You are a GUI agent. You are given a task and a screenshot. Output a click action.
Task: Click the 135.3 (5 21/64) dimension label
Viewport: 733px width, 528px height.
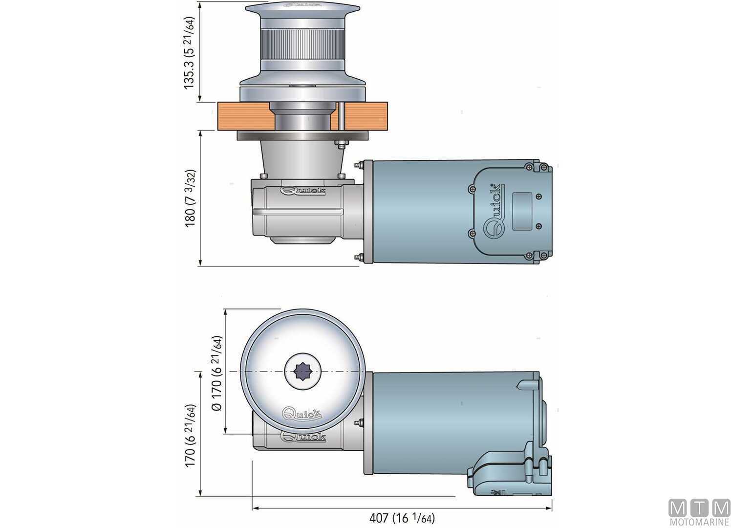(189, 52)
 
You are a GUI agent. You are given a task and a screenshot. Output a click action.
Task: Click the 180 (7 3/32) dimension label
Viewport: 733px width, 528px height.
(190, 198)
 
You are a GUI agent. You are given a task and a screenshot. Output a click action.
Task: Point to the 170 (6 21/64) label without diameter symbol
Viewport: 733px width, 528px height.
(190, 435)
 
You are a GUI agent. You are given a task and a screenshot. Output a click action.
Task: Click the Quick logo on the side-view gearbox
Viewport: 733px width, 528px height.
(303, 191)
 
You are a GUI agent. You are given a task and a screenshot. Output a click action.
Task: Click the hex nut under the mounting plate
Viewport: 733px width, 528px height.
(341, 144)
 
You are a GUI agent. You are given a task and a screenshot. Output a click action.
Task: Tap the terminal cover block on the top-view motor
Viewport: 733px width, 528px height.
(508, 469)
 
